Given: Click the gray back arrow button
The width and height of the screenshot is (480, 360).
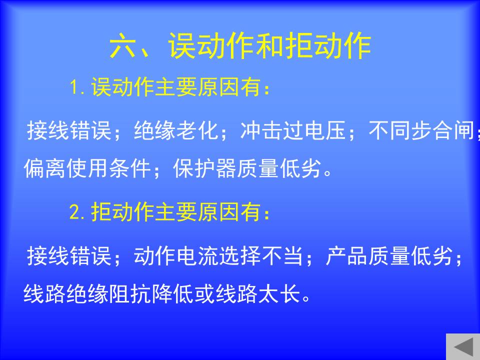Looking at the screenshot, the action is tap(463, 347).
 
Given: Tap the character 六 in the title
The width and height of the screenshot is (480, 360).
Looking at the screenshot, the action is tap(122, 46).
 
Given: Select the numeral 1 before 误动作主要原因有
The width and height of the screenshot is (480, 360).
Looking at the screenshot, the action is tap(74, 87).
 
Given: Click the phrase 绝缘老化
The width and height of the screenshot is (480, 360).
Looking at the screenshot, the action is tap(176, 130).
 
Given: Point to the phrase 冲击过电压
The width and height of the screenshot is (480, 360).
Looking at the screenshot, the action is tap(293, 130).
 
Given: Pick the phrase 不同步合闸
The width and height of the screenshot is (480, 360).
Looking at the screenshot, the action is tap(421, 130).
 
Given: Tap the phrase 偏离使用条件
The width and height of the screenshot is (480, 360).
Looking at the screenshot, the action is tap(87, 168).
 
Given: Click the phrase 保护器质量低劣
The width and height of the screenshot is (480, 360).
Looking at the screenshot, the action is tap(247, 168).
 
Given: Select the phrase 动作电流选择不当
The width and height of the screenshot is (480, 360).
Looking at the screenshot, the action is tap(218, 255).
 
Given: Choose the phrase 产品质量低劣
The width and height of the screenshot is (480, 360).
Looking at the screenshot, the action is tap(389, 255).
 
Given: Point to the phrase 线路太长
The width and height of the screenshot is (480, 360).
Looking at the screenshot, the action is tap(258, 293).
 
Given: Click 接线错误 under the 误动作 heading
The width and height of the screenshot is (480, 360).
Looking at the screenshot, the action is tap(69, 130).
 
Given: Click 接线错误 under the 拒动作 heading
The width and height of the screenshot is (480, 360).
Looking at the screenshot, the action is tap(69, 255).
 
